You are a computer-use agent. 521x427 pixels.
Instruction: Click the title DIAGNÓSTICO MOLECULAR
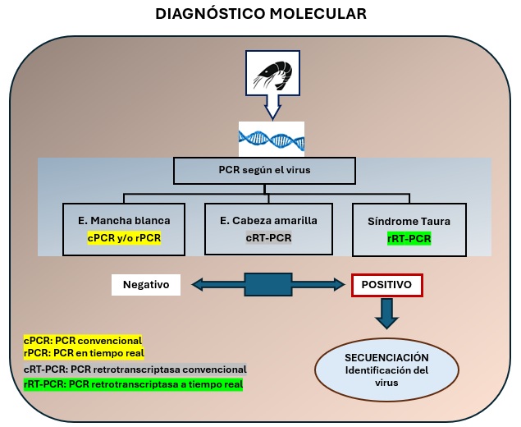pos(261,14)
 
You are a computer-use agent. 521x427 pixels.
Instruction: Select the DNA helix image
pos(271,139)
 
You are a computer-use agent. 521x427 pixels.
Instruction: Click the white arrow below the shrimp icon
pos(272,112)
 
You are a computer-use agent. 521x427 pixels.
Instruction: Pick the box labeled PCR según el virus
pos(264,171)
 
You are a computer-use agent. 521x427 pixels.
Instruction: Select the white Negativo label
pos(145,285)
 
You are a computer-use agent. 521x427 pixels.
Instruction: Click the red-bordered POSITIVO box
pos(386,285)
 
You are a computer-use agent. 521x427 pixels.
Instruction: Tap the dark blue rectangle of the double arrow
pos(267,285)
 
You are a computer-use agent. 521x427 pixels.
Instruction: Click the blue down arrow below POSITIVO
pos(386,315)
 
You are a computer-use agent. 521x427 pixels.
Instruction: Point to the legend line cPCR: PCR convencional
pos(82,340)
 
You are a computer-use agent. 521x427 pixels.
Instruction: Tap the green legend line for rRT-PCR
pos(133,383)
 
